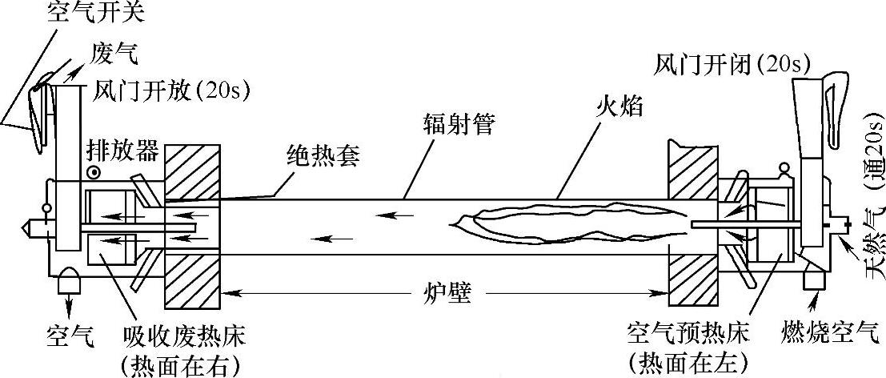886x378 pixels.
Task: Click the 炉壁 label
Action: pyautogui.click(x=447, y=296)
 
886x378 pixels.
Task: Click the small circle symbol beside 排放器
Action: pyautogui.click(x=95, y=172)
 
